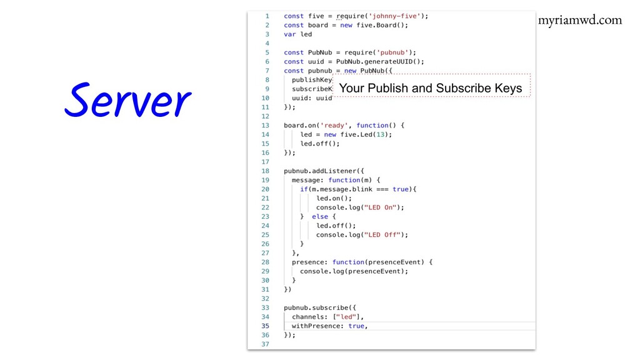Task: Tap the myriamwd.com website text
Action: (x=579, y=20)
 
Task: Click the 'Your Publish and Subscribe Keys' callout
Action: (x=431, y=88)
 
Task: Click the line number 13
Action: (x=265, y=125)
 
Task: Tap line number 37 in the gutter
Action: (x=265, y=344)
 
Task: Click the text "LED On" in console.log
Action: (x=381, y=207)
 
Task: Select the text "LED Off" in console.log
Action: (x=383, y=235)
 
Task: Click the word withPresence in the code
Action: (x=317, y=326)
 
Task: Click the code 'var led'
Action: (x=297, y=34)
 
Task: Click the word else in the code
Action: (x=319, y=216)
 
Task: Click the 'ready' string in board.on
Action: (x=335, y=125)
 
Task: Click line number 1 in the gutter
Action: (x=267, y=16)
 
